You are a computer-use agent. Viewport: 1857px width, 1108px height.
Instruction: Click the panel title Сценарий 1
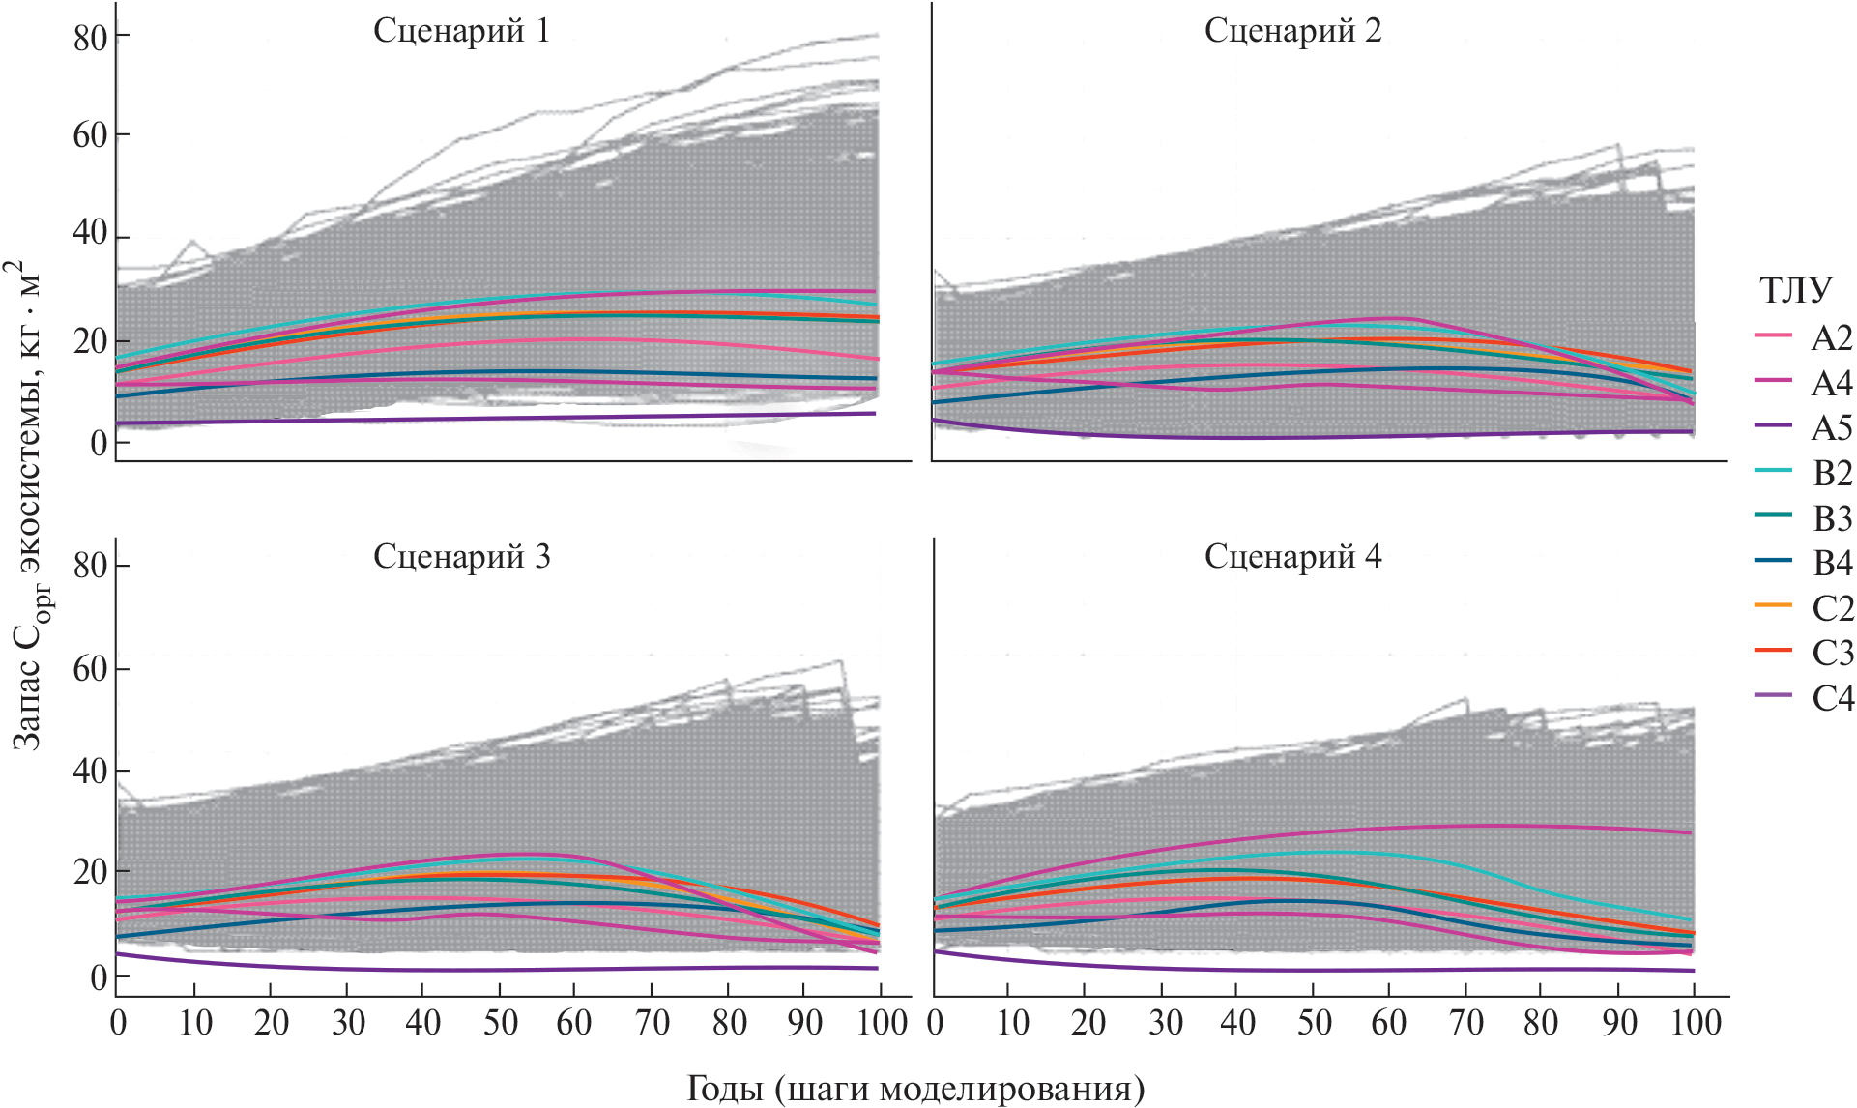[461, 31]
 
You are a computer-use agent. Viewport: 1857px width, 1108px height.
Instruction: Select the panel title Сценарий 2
[1292, 31]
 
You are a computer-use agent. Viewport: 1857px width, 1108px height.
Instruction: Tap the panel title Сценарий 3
[461, 557]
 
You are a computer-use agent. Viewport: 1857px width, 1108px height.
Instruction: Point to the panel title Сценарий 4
[1292, 557]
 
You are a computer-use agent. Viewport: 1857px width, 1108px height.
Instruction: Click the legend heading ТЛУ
[1795, 291]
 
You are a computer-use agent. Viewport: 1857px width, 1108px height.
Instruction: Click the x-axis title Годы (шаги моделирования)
[915, 1088]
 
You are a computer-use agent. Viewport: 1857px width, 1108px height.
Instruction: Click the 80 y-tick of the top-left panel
[89, 37]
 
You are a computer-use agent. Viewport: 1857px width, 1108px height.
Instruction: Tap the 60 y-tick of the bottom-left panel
[89, 669]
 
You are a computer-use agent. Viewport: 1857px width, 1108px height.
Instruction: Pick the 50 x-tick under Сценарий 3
[500, 1023]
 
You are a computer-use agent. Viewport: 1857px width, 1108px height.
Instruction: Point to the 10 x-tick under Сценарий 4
[1011, 1023]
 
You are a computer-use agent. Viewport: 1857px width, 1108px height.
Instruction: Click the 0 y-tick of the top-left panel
[98, 445]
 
